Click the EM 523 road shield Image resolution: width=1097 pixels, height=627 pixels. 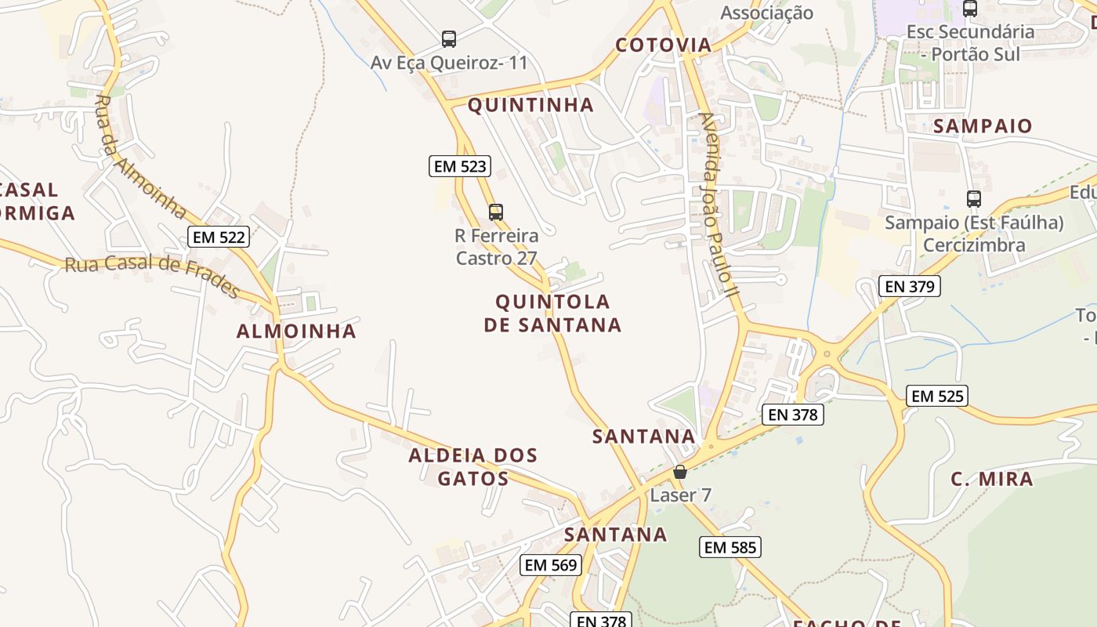(x=461, y=166)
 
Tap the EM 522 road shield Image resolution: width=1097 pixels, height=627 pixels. (x=219, y=237)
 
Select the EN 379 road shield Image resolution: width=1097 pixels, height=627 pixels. (x=909, y=286)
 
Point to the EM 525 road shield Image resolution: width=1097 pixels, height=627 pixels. (x=937, y=396)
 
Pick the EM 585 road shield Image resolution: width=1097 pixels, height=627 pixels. (x=730, y=547)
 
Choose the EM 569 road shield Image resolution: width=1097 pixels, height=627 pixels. (x=551, y=564)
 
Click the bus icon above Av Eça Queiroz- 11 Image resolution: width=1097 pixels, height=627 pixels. (x=449, y=39)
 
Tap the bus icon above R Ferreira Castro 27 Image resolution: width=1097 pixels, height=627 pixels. (x=496, y=212)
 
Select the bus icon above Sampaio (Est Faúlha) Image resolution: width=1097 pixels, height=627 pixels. (x=974, y=199)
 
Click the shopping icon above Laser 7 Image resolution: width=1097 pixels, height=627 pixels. (x=680, y=472)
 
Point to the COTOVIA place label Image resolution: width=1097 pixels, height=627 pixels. (x=664, y=45)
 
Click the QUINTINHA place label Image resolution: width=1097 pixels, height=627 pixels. (x=530, y=105)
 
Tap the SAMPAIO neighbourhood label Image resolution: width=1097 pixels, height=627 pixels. (x=983, y=126)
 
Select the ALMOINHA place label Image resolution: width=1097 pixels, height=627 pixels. (x=296, y=331)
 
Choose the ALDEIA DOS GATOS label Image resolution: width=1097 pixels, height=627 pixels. (x=473, y=466)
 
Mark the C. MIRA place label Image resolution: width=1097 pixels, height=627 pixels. (x=992, y=479)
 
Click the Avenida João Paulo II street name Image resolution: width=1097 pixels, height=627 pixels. (x=719, y=208)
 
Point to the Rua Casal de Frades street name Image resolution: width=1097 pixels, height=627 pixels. (x=153, y=274)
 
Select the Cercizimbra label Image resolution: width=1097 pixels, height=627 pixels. (x=974, y=245)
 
